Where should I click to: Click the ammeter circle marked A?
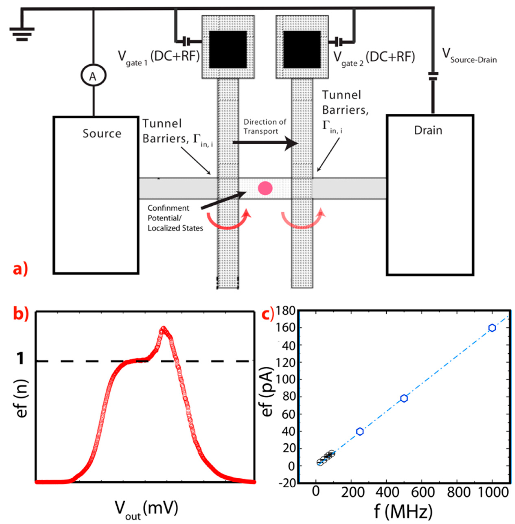(93, 76)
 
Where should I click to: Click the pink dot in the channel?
(265, 188)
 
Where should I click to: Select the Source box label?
(102, 133)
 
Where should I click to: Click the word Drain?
(428, 130)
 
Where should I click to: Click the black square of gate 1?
(228, 49)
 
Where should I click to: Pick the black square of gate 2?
(302, 49)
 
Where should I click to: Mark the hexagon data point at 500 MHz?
(404, 398)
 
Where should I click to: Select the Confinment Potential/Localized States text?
(175, 218)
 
